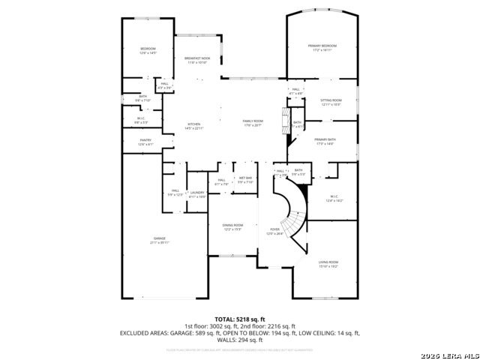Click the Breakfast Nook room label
point(197,58)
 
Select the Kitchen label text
point(193,124)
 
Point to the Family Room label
point(252,121)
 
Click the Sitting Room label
point(331,100)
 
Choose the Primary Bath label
point(325,140)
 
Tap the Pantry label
point(145,140)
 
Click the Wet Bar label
point(245,178)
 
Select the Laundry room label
point(197,193)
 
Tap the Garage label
point(160,238)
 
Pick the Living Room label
point(328,262)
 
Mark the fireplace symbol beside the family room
point(283,120)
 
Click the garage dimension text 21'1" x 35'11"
point(160,242)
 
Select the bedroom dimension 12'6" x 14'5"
point(148,53)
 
